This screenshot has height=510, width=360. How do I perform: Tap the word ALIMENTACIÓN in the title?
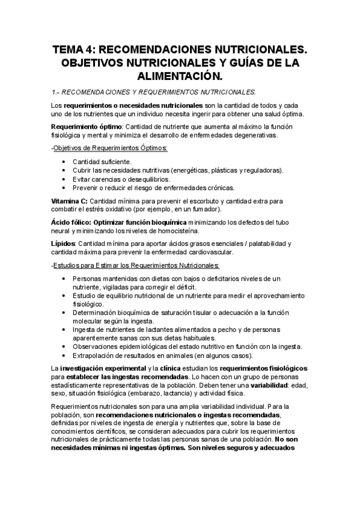180,76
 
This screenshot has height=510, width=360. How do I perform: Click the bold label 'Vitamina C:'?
70,200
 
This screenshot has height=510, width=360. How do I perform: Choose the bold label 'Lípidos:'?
64,244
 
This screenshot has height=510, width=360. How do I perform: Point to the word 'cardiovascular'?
213,252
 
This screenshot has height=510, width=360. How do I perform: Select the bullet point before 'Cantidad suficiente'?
64,162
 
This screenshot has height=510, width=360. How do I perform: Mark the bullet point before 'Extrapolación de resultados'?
64,355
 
